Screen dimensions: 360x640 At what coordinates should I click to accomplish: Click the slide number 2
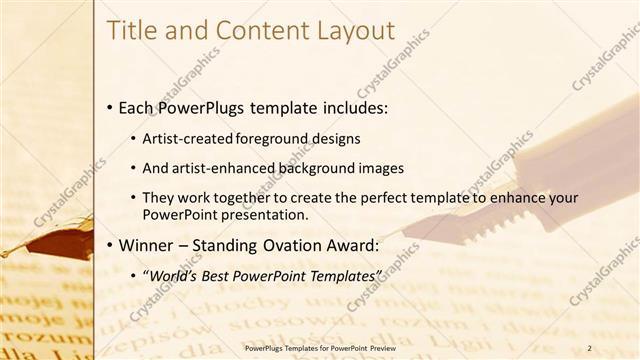pos(590,347)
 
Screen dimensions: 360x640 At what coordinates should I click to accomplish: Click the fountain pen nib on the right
pos(425,229)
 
